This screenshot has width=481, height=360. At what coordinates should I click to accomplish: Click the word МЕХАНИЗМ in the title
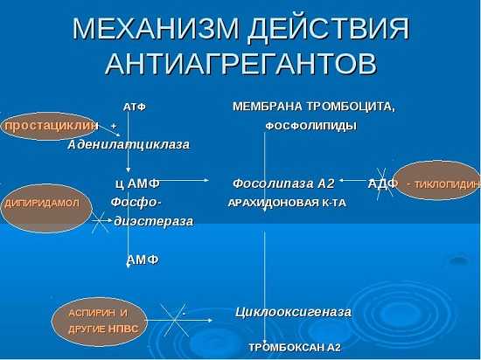tap(156, 29)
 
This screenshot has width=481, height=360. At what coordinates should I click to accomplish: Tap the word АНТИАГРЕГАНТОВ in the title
tap(240, 64)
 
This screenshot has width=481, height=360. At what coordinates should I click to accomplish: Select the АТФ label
tap(135, 107)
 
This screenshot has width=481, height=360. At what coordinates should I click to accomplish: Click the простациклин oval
tap(49, 126)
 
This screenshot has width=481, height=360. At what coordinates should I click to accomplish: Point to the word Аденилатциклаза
tap(129, 144)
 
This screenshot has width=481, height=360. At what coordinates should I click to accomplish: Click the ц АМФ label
tap(137, 183)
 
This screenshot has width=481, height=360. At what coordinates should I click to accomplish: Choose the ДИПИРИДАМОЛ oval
tap(45, 208)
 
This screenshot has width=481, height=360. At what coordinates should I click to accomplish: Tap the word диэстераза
tap(154, 221)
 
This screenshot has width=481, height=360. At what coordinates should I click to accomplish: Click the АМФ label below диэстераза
tap(143, 260)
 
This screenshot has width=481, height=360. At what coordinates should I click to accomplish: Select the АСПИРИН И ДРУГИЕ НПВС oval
tap(99, 322)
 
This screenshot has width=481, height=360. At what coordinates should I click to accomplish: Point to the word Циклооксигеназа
tap(293, 312)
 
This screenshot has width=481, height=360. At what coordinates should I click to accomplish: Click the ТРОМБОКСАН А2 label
tap(295, 348)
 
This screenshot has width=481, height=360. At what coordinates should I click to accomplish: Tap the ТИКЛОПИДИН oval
tap(437, 181)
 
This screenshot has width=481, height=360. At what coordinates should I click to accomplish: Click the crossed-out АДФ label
tap(382, 183)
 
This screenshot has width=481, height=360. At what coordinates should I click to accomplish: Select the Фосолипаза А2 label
tap(283, 183)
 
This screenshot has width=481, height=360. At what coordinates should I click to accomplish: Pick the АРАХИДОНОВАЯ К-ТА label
tap(287, 203)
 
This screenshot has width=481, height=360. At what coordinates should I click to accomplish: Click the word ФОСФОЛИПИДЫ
tap(311, 126)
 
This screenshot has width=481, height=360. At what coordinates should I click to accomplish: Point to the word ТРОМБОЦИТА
tap(351, 107)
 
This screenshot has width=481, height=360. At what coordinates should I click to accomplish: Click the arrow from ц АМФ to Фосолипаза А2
tap(184, 181)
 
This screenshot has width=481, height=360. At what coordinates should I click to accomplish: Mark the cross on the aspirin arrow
tap(175, 321)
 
